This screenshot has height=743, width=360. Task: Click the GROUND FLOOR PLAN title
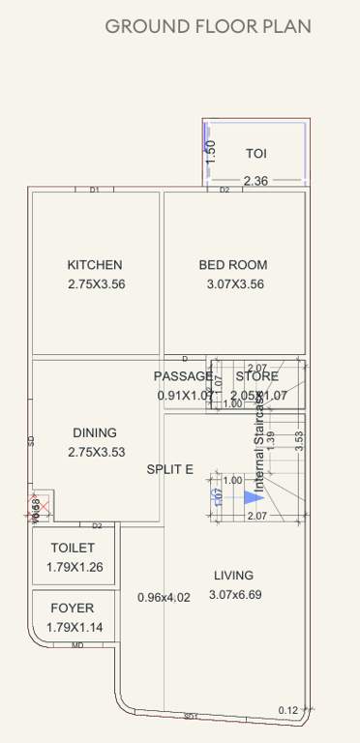[208, 26]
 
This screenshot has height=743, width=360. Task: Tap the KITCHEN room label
[95, 265]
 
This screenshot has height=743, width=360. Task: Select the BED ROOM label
[233, 265]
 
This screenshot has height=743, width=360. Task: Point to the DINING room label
[95, 433]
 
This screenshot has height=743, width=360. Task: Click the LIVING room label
[234, 575]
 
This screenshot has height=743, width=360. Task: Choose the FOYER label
[73, 609]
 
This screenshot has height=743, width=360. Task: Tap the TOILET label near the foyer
[73, 548]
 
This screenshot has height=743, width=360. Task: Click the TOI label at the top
[255, 154]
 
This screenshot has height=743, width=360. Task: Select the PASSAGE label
[182, 376]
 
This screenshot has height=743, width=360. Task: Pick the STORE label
[257, 376]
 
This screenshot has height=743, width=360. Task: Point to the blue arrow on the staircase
[254, 497]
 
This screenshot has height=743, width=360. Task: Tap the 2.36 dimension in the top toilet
[255, 181]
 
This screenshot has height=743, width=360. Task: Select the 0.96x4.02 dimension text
[164, 597]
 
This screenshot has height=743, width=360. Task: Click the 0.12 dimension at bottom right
[289, 710]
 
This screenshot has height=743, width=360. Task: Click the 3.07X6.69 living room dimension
[235, 595]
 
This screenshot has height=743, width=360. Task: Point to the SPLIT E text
[170, 469]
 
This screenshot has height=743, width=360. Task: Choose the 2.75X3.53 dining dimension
[97, 453]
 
